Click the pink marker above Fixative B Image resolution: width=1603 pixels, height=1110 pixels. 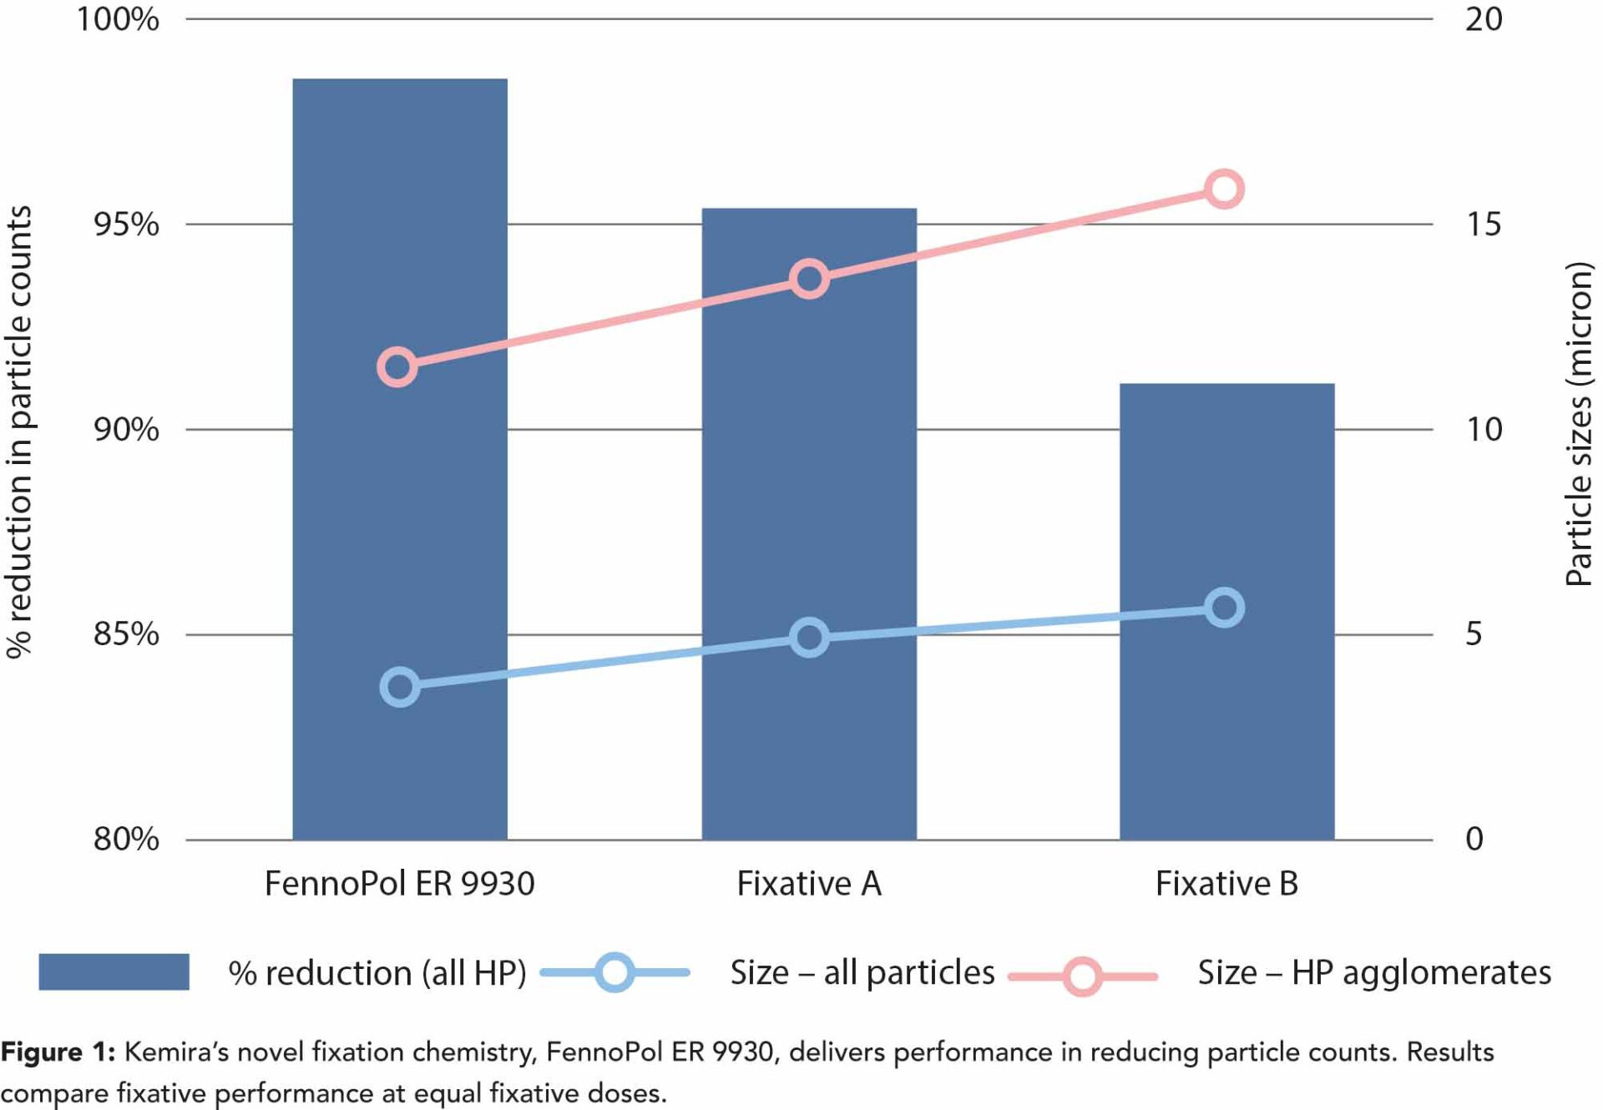[1224, 189]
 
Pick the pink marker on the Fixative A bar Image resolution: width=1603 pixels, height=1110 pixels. [809, 279]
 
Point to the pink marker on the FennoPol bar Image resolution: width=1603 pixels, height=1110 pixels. [397, 366]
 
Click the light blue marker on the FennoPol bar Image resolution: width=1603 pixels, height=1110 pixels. [400, 687]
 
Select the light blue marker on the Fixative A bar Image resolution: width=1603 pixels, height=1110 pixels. [809, 638]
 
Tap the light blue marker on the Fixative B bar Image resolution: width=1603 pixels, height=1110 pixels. [1225, 608]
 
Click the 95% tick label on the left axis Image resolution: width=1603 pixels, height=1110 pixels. [126, 225]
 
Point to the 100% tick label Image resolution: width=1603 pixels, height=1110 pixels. [118, 19]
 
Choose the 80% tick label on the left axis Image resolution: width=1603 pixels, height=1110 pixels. [126, 839]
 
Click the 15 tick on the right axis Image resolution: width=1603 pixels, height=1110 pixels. [1484, 225]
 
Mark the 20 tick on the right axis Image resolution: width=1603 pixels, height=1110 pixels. [1484, 19]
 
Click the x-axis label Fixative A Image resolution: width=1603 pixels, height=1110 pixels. [808, 883]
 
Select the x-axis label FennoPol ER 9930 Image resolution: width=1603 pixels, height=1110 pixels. [399, 883]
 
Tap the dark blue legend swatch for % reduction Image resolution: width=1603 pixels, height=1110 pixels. [114, 972]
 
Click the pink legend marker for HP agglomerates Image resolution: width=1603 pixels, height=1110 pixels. [1082, 976]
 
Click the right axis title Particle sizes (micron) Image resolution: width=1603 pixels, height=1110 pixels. [1578, 424]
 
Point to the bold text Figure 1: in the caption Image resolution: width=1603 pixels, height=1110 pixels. [58, 1052]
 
